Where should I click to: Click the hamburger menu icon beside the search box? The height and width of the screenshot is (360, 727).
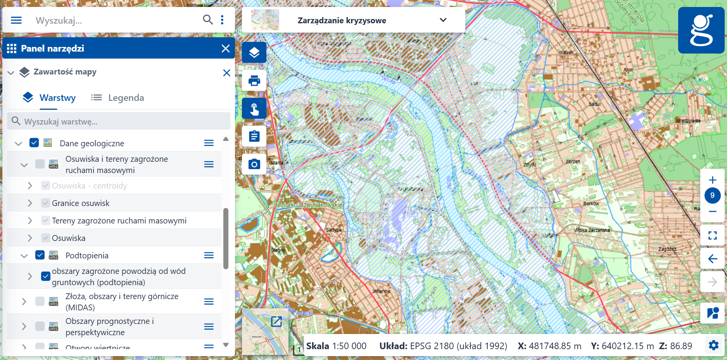coord(16,20)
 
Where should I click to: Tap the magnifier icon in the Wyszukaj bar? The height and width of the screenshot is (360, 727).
coord(208,20)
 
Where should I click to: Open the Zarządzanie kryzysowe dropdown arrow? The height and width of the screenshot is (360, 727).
coord(443,20)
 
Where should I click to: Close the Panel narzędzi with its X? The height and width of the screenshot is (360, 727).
coord(225,48)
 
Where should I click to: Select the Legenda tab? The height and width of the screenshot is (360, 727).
coord(118,98)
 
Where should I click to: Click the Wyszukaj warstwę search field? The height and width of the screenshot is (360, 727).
coord(119,121)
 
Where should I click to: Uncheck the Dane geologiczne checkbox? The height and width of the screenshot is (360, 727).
coord(34,143)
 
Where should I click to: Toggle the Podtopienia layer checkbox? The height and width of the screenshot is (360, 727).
coord(40,255)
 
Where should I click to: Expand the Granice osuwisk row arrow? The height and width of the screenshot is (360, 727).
coord(30,203)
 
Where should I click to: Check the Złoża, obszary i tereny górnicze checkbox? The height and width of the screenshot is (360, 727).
coord(40,301)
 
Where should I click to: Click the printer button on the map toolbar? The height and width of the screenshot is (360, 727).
coord(254,81)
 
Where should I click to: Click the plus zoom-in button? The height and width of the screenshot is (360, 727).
coord(712,180)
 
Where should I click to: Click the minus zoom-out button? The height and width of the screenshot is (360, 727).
coord(712,211)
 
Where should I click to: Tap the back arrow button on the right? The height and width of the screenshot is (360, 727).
coord(712,259)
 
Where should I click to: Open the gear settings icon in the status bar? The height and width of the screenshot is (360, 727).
coord(713,345)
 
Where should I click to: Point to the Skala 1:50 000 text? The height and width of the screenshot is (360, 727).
coord(336,346)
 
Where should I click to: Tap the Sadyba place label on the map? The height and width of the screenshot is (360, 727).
coord(333,230)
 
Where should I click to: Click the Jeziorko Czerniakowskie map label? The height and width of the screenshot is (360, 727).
coord(308,205)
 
